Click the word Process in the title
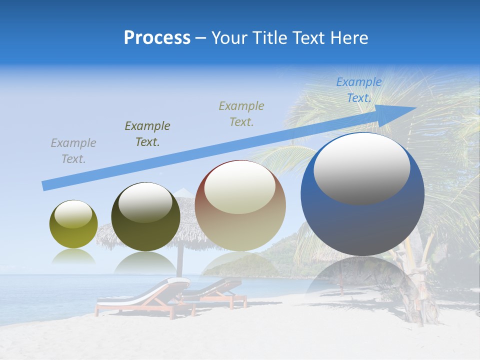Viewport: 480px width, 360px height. pyautogui.click(x=157, y=38)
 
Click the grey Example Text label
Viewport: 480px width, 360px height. pyautogui.click(x=73, y=151)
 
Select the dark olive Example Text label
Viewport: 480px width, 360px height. pyautogui.click(x=147, y=134)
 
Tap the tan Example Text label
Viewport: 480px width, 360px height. pyautogui.click(x=241, y=113)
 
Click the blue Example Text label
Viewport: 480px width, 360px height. pyautogui.click(x=358, y=90)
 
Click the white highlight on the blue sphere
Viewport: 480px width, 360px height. pyautogui.click(x=361, y=167)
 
